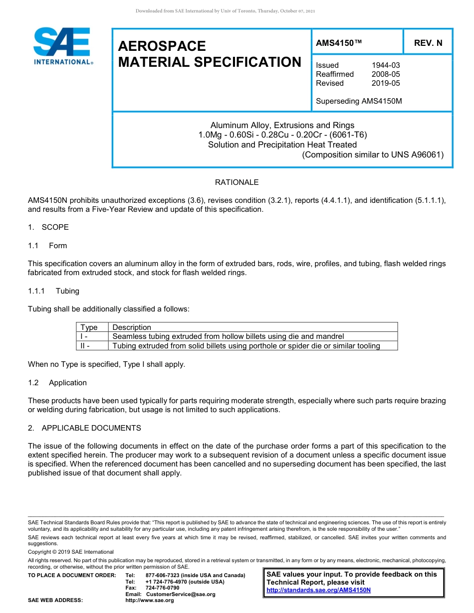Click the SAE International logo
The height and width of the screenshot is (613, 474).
tap(62, 46)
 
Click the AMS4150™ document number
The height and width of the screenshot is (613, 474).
tap(339, 43)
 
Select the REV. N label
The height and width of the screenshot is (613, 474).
tap(428, 43)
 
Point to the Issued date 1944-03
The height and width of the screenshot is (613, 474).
tap(385, 65)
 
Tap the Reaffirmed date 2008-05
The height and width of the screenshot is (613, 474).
tap(385, 74)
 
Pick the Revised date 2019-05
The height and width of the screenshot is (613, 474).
tap(385, 83)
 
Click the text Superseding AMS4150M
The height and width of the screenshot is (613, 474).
tap(359, 101)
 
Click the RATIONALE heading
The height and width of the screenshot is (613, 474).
tap(237, 182)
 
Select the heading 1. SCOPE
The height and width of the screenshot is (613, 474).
tap(48, 227)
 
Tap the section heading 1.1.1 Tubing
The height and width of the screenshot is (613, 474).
tap(53, 291)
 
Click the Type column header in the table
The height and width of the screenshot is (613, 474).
tap(89, 327)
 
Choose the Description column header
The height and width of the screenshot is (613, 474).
tap(132, 327)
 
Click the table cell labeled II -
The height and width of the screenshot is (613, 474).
tap(85, 346)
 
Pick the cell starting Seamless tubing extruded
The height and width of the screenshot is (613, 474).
tap(228, 336)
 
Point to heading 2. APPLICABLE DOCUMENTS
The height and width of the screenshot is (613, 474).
tap(84, 428)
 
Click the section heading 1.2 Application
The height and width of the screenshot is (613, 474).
tap(57, 383)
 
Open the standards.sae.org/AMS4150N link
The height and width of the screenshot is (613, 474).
tap(318, 590)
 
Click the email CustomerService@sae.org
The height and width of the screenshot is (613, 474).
tap(180, 594)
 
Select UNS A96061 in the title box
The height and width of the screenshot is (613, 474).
tap(419, 154)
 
